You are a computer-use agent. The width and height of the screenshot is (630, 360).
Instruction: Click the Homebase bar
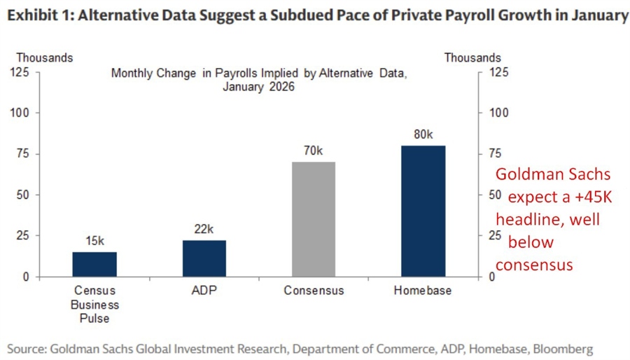tap(423, 211)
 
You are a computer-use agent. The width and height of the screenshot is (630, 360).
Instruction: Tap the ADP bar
tap(204, 258)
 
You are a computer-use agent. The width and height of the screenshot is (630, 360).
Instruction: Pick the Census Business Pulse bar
tap(94, 264)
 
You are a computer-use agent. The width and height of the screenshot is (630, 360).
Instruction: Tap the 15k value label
tap(94, 241)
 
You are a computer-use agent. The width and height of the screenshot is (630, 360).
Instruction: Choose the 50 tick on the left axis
tap(23, 195)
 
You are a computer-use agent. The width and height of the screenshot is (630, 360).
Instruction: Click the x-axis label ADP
tap(204, 291)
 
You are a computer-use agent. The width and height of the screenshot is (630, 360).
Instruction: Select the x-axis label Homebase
tap(423, 291)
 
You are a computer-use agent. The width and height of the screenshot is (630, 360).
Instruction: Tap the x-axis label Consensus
tap(314, 291)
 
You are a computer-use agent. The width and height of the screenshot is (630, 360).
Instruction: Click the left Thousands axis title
tap(44, 58)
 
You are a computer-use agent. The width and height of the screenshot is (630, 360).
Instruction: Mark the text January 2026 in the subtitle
tap(259, 88)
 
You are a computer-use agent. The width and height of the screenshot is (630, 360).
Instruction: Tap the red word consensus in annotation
tap(534, 265)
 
